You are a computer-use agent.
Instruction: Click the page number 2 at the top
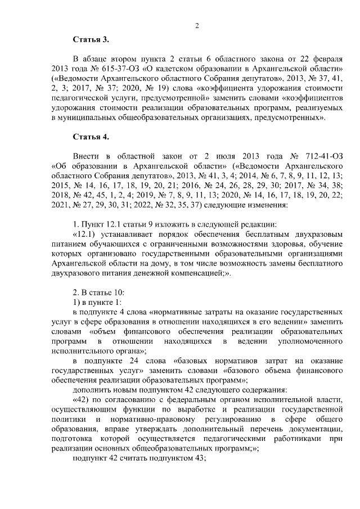point(197,25)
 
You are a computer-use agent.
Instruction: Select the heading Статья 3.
point(90,39)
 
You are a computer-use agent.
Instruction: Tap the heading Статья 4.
point(90,137)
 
